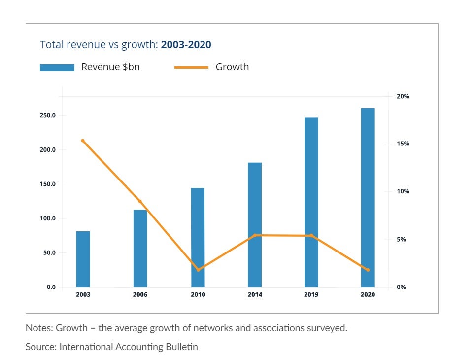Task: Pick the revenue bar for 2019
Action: [x=311, y=202]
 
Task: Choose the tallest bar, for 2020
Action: [x=368, y=197]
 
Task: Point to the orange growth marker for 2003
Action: [x=83, y=141]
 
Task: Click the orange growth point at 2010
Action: [x=198, y=270]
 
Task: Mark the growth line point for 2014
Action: [x=255, y=235]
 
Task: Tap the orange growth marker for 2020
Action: [x=368, y=270]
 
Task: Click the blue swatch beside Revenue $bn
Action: [x=57, y=67]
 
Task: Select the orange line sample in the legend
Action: [x=191, y=67]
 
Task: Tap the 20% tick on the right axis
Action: [x=403, y=97]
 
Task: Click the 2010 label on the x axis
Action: [x=198, y=295]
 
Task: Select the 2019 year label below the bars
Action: [x=311, y=295]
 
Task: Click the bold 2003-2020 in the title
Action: [x=186, y=45]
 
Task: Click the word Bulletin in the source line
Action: [x=181, y=347]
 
